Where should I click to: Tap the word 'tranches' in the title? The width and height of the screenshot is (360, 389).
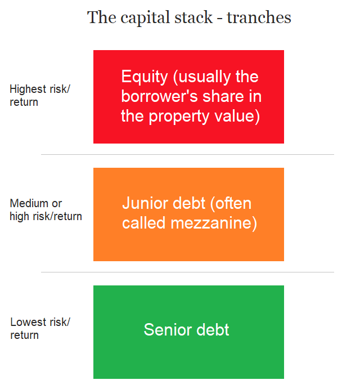click(x=259, y=17)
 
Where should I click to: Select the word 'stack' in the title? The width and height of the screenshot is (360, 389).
click(x=193, y=17)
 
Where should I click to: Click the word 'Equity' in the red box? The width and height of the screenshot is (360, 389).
click(x=145, y=77)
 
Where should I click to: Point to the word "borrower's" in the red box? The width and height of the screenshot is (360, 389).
click(x=160, y=96)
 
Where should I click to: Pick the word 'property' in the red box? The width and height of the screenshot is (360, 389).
click(x=179, y=117)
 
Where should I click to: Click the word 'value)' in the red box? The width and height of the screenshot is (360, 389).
click(x=237, y=117)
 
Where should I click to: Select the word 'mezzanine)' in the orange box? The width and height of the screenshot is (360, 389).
click(x=214, y=223)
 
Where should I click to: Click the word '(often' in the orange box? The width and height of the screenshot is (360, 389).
click(x=231, y=204)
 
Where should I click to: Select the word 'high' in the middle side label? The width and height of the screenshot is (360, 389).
click(x=19, y=217)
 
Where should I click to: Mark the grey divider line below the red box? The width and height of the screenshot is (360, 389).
click(x=187, y=155)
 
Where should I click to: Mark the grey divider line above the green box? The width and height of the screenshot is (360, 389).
click(x=187, y=272)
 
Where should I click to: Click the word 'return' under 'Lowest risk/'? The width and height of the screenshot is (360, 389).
click(x=25, y=336)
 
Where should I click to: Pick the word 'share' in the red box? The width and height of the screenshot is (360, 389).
click(x=223, y=96)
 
